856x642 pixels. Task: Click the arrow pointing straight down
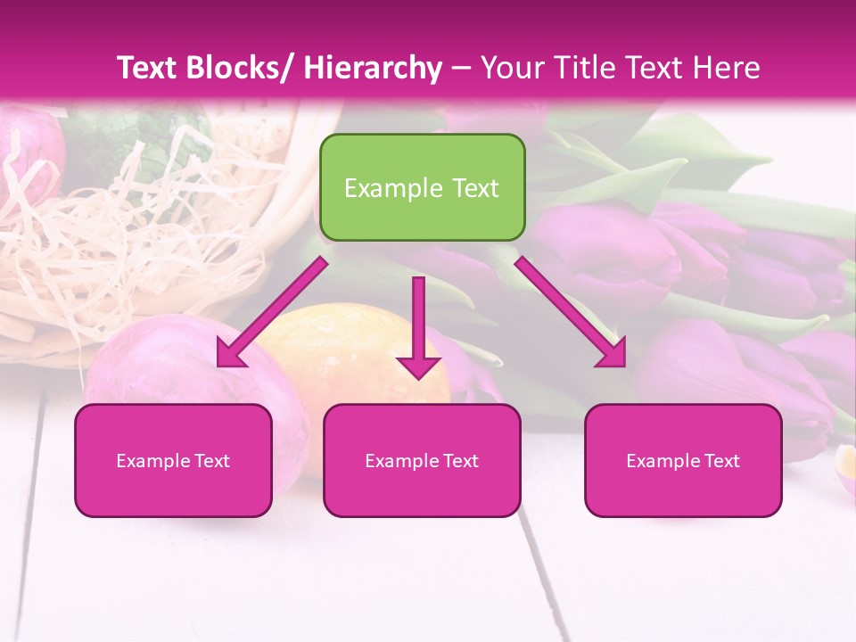coord(418,330)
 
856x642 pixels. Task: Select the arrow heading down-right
coord(571,312)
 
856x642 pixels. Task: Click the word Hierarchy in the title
coord(372,68)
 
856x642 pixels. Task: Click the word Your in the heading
coord(512,68)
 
